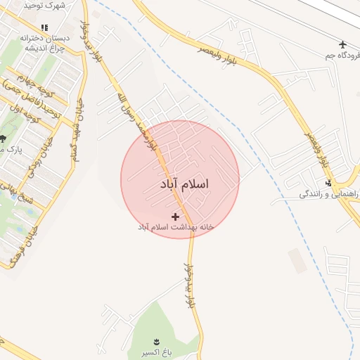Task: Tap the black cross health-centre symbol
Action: coord(175,216)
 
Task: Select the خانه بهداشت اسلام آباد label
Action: coord(175,227)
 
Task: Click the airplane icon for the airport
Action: coord(342,44)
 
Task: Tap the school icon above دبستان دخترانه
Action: coord(45,27)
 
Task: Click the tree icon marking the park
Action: coord(2,138)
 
